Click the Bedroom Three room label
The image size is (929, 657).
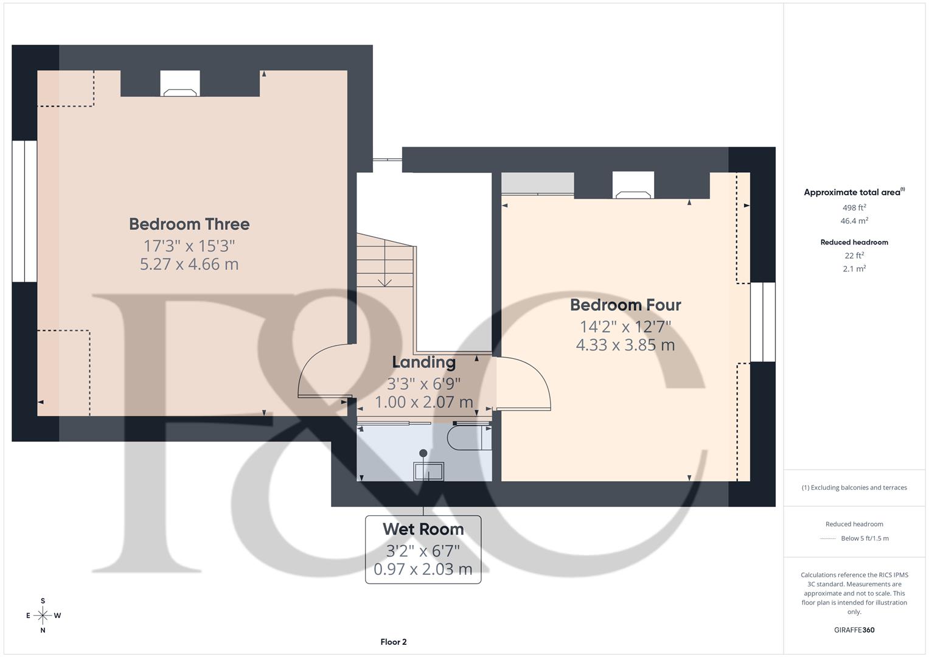(x=189, y=224)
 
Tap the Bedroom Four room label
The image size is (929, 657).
(x=625, y=305)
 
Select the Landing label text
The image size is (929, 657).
(x=423, y=363)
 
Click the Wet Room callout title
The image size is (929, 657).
(x=423, y=529)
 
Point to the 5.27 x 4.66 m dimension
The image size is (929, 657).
(x=189, y=265)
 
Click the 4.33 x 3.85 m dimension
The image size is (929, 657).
(x=625, y=345)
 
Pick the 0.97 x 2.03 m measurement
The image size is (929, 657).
(x=423, y=569)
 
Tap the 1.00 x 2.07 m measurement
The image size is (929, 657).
(x=423, y=402)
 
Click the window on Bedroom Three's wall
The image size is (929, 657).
(x=24, y=211)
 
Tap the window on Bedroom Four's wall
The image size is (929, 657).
(x=762, y=322)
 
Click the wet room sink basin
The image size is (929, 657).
(x=428, y=471)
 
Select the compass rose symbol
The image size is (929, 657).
(x=43, y=616)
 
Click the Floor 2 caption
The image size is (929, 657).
(x=394, y=642)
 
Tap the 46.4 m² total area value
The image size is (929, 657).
(x=854, y=221)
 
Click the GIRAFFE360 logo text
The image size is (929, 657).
(x=854, y=630)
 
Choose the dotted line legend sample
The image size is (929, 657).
(x=827, y=538)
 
